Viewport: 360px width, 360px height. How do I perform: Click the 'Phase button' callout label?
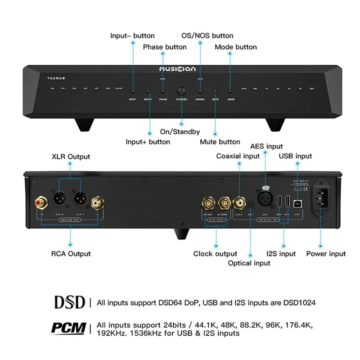165,47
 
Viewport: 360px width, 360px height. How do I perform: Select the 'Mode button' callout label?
236,47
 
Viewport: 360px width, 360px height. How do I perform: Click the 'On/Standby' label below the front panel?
180,132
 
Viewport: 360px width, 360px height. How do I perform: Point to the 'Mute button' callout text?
220,142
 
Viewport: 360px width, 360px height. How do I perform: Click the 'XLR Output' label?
70,157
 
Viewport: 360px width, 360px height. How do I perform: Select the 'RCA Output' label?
71,254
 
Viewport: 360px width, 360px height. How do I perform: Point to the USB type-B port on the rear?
297,203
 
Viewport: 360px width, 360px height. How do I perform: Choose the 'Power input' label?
326,254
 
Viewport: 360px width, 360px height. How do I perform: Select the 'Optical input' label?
249,263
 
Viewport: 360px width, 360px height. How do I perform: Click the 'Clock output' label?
215,254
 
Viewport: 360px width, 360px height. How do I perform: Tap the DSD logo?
70,302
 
